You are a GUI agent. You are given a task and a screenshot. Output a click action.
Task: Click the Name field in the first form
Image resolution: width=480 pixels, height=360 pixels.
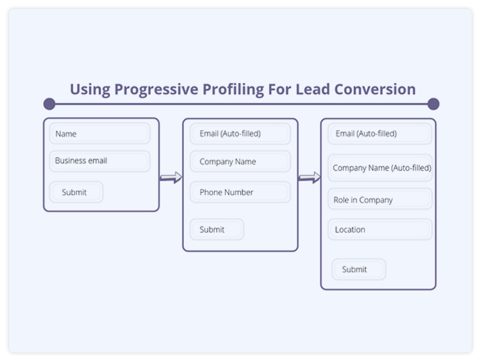click(x=100, y=134)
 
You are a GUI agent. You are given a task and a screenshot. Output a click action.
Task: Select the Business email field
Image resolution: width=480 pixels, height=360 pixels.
click(x=100, y=161)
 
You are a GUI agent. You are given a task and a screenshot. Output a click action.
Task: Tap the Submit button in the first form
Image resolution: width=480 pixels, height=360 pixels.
click(x=76, y=192)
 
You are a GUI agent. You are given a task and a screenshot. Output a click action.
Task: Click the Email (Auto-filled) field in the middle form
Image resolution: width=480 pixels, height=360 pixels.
click(x=240, y=134)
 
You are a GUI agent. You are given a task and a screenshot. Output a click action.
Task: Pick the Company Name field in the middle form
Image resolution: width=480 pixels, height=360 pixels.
click(x=240, y=161)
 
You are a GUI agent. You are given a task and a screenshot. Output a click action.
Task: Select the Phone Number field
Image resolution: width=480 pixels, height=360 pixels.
click(x=240, y=192)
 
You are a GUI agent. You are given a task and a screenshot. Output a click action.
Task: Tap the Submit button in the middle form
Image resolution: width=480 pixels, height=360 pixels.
click(x=217, y=229)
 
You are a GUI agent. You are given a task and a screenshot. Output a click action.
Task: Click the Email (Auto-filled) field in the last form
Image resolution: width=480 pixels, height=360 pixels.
click(x=380, y=134)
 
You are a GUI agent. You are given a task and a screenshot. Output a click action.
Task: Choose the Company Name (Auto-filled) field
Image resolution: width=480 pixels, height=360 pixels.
click(x=380, y=168)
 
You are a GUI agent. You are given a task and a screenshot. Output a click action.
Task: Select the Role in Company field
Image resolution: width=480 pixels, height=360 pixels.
click(x=380, y=199)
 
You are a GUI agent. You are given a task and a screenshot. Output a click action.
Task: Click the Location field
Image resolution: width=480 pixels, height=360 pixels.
click(x=380, y=229)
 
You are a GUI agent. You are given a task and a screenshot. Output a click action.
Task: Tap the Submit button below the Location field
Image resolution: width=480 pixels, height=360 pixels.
click(x=359, y=269)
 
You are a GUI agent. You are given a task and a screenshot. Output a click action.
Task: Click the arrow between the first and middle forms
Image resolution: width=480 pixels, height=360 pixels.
click(x=171, y=178)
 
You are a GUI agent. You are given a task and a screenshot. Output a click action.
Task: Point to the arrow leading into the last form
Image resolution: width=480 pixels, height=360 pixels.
click(x=309, y=178)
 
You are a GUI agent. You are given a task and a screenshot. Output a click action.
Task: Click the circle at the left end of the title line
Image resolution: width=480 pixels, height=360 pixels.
click(x=49, y=104)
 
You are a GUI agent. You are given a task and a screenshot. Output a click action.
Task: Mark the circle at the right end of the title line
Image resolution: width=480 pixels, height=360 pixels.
click(x=433, y=104)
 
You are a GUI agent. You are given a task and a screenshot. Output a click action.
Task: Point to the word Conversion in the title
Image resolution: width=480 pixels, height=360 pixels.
click(x=375, y=89)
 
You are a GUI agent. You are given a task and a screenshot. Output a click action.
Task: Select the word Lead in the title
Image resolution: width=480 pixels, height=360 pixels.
click(x=313, y=89)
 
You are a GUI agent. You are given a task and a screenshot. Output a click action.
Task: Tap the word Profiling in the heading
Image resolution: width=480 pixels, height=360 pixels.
click(x=233, y=90)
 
